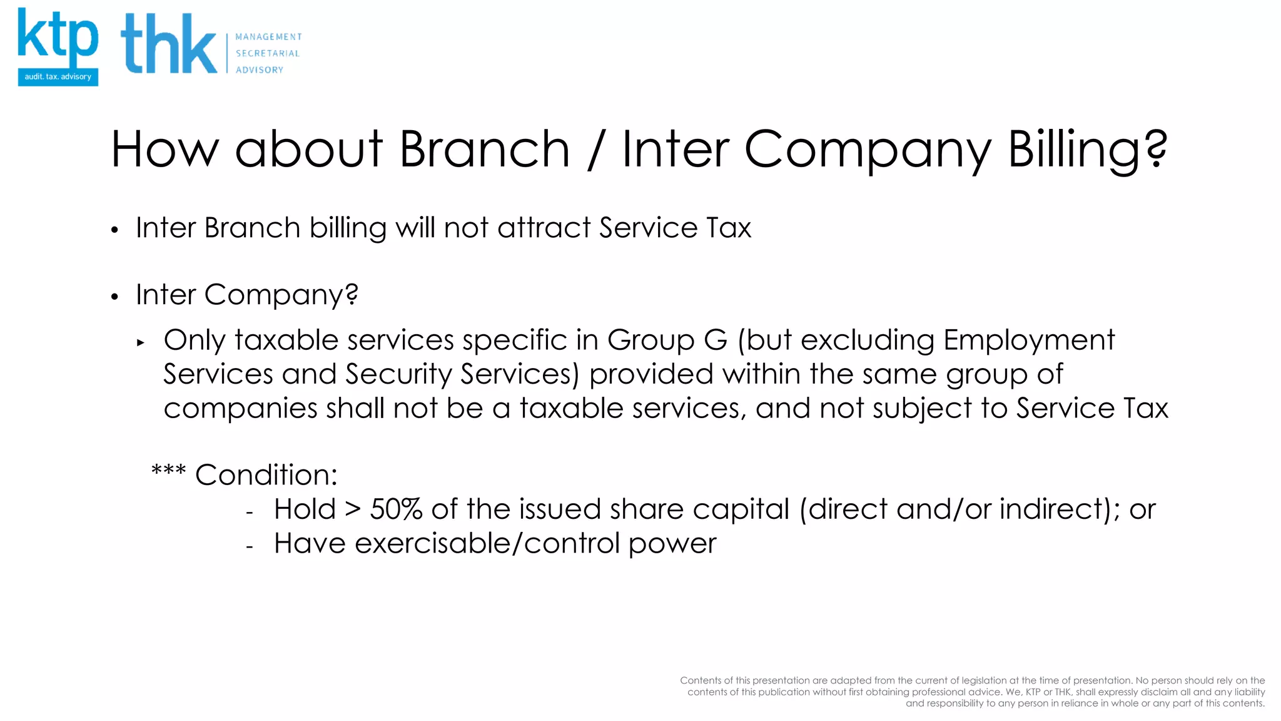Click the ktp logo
point(58,47)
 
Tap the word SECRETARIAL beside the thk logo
point(267,54)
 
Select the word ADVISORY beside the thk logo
point(259,70)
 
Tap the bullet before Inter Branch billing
point(114,230)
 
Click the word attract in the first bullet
point(544,228)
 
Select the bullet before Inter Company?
point(114,297)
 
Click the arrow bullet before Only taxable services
point(141,343)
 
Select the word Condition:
point(266,475)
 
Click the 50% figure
point(396,509)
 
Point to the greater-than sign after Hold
point(353,509)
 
